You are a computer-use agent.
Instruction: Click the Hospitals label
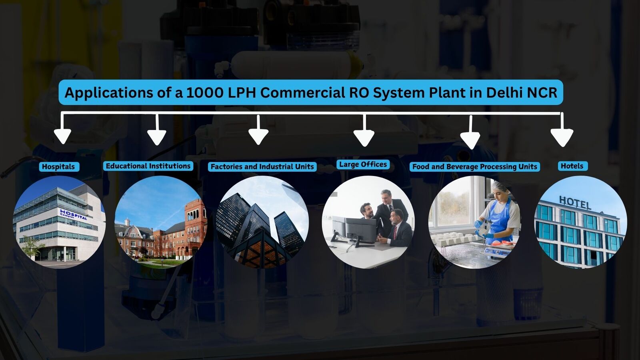(x=58, y=167)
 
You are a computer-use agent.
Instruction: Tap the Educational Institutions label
(x=148, y=166)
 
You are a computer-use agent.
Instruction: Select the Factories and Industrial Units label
(x=262, y=167)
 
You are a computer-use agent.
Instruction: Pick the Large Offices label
(x=363, y=164)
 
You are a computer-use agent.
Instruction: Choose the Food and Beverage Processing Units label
(x=474, y=167)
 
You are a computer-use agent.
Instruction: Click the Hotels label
(x=572, y=166)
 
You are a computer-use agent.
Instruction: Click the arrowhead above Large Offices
(x=364, y=138)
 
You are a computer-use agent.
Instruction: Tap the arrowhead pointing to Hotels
(x=562, y=138)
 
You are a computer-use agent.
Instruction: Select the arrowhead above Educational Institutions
(x=156, y=137)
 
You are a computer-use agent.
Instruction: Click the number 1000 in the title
(x=205, y=92)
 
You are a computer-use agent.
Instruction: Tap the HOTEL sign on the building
(x=574, y=202)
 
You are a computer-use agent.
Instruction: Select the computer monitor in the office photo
(x=360, y=229)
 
